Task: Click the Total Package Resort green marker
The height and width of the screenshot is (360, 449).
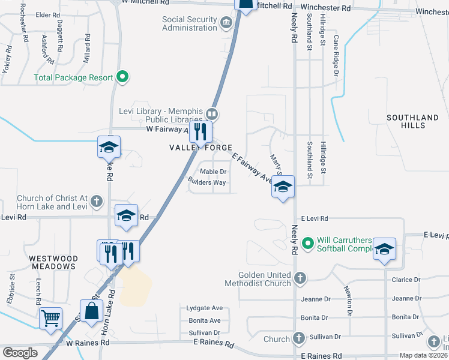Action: point(122,77)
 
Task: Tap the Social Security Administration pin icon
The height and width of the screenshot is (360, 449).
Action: point(226,23)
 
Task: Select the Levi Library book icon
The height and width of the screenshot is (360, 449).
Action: point(211,113)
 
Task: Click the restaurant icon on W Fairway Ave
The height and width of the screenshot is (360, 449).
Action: point(201,131)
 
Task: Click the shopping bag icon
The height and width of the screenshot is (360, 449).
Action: point(91,311)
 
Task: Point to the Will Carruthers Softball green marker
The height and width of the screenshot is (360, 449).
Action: point(309,244)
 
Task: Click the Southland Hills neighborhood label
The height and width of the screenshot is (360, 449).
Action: point(412,121)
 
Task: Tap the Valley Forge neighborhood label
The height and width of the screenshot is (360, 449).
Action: point(200,148)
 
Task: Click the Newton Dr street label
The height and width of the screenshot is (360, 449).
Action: point(348,299)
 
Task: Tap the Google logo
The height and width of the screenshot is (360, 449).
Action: point(20,353)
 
